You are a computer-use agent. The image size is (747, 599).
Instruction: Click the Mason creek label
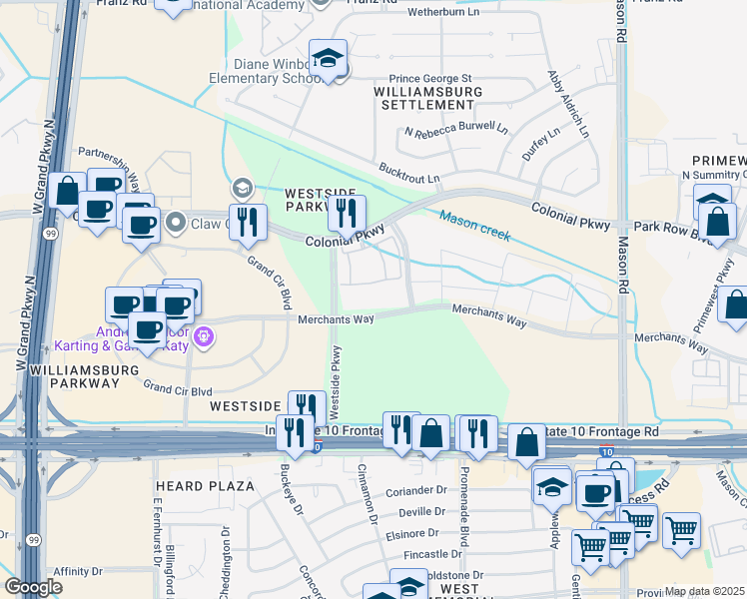pos(474,226)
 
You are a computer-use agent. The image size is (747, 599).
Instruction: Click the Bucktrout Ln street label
pos(408,173)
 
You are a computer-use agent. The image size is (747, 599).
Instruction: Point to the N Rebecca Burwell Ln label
pos(455,130)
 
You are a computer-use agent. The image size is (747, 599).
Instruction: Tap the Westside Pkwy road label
pos(336,382)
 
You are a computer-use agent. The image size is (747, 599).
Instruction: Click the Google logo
pos(33,588)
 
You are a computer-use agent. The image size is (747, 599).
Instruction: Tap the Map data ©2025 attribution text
pos(704,591)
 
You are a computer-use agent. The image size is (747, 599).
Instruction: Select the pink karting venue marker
pos(204,335)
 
